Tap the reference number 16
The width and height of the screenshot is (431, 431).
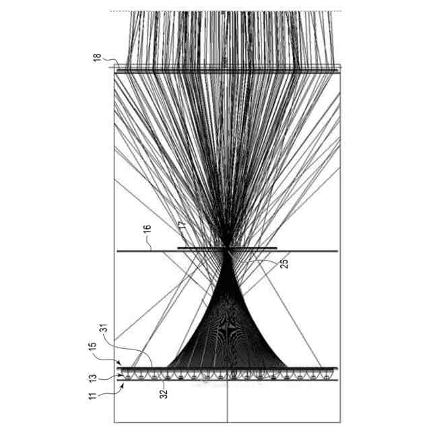coord(147,230)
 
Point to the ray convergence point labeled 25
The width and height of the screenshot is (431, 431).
coord(230,250)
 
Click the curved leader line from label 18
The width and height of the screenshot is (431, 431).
coord(110,65)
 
